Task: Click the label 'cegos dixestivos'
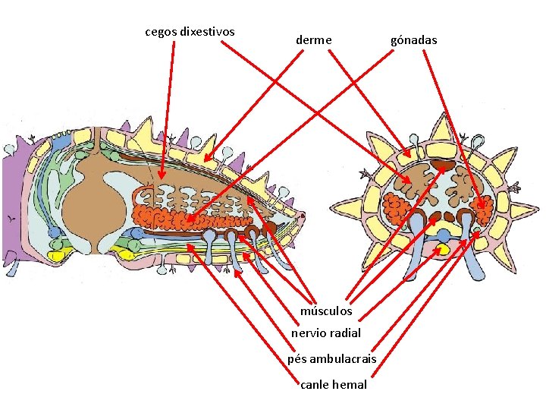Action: coord(190,32)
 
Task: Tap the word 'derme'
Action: coord(313,39)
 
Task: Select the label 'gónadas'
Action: coord(413,39)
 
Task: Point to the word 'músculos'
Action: coord(326,311)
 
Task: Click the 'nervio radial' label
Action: coord(326,333)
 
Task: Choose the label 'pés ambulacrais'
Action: coord(331,358)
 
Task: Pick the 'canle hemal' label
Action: coord(334,384)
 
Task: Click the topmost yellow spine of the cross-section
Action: coord(441,129)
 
